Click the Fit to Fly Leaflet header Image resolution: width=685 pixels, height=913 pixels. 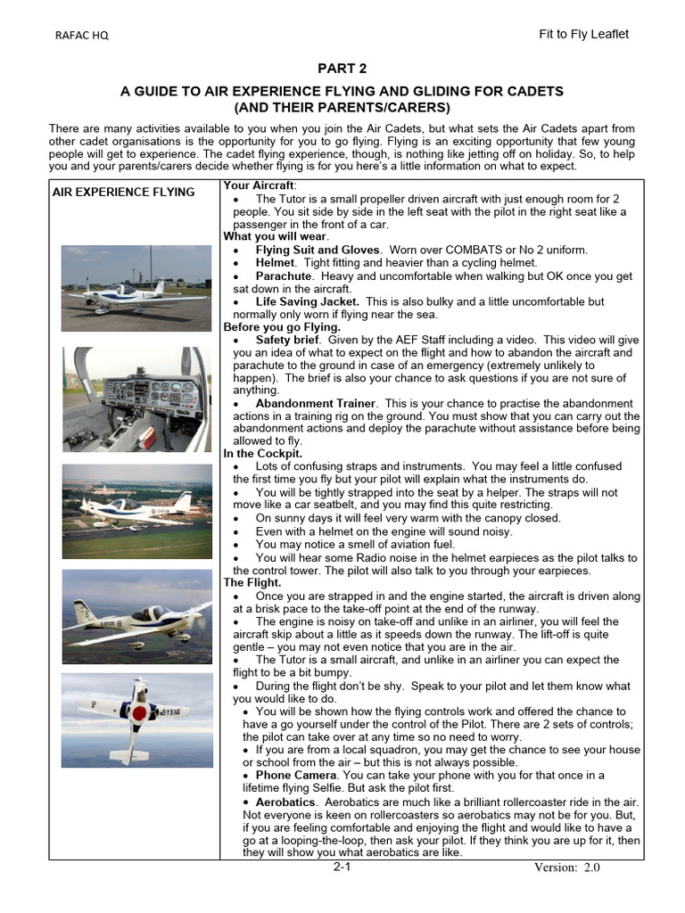(583, 34)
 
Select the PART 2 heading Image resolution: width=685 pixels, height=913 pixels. (342, 69)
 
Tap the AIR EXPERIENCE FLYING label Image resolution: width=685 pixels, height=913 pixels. (123, 192)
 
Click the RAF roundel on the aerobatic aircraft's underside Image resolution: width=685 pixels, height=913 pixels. (139, 713)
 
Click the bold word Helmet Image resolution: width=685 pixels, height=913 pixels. (274, 263)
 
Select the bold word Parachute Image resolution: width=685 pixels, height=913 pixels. (284, 276)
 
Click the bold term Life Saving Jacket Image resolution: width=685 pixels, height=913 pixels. (308, 302)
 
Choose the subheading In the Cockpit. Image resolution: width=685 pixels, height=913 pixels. (262, 454)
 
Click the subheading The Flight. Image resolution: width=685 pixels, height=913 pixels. (252, 582)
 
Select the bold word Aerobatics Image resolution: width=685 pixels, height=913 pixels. (286, 802)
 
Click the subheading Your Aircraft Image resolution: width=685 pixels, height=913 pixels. (260, 185)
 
